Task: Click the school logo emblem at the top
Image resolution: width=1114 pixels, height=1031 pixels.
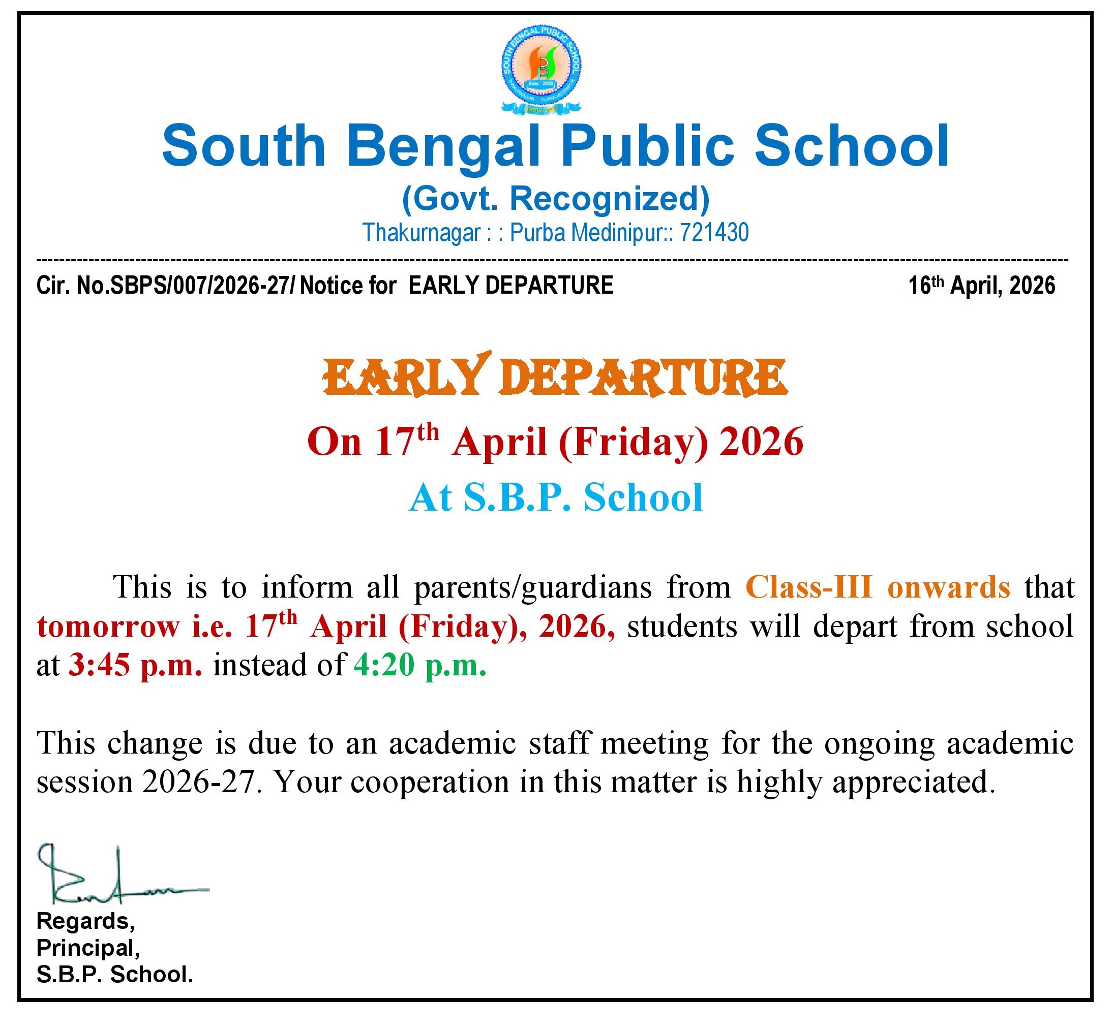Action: pyautogui.click(x=541, y=69)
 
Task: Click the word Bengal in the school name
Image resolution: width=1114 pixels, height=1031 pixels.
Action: pyautogui.click(x=444, y=146)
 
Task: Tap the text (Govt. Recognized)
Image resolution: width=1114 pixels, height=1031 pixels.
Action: pyautogui.click(x=555, y=198)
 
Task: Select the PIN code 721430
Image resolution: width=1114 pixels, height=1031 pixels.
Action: pyautogui.click(x=714, y=233)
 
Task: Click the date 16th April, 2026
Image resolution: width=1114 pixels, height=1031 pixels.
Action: pyautogui.click(x=981, y=286)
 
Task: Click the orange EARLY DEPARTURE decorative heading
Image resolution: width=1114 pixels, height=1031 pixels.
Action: pyautogui.click(x=555, y=376)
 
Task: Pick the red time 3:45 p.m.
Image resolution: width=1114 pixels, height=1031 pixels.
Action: pyautogui.click(x=135, y=665)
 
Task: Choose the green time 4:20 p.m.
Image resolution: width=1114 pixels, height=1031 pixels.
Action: pyautogui.click(x=419, y=665)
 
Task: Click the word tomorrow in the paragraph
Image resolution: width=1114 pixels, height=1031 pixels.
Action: pyautogui.click(x=107, y=627)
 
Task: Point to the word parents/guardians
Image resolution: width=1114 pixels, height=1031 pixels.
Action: pyautogui.click(x=532, y=587)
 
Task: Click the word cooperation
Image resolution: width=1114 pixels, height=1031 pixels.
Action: pyautogui.click(x=430, y=782)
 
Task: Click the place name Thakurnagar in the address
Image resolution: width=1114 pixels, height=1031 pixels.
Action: pyautogui.click(x=421, y=233)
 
